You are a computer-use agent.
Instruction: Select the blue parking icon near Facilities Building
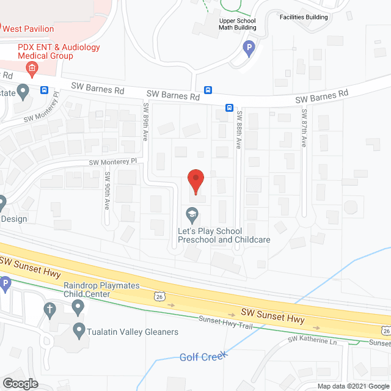(249, 47)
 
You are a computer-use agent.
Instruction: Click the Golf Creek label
(203, 356)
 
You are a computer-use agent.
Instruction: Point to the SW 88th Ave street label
(239, 129)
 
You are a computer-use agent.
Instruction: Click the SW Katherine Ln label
(313, 340)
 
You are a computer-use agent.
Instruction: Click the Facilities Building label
(304, 17)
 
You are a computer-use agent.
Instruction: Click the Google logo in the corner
(20, 384)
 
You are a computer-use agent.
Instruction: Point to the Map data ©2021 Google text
(353, 386)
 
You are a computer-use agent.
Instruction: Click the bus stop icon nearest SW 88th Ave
(229, 108)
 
